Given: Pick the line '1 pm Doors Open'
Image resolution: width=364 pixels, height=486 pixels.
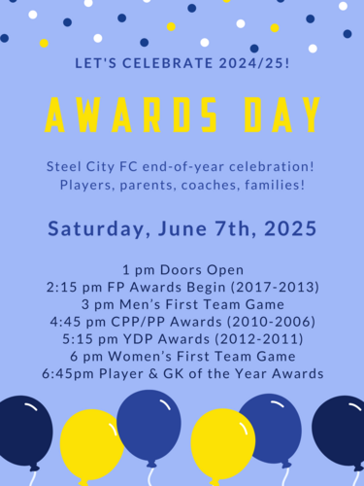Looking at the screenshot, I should [x=182, y=269].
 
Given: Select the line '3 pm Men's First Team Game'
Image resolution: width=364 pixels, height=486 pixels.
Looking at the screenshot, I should [x=182, y=304].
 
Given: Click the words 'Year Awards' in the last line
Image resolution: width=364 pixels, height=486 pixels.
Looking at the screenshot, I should [x=276, y=374].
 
